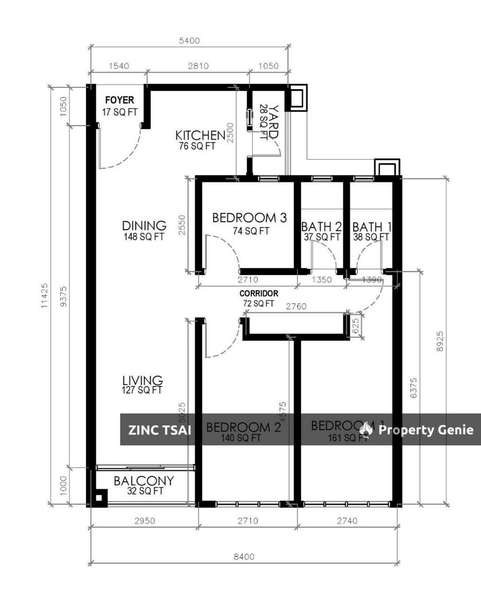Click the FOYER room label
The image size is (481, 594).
point(119,100)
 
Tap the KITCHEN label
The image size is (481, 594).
point(200,135)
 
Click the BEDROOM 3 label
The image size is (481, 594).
point(249,218)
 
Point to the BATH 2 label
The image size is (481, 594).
point(321,227)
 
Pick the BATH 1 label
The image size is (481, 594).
point(372,227)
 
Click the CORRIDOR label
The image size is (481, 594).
point(258,293)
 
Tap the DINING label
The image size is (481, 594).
point(144,226)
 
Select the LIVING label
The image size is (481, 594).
point(142,380)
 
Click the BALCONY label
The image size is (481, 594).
point(144,481)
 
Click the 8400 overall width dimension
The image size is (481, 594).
point(244,556)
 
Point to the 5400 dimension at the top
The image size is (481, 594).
point(189,40)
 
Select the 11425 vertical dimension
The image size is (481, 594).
point(45,295)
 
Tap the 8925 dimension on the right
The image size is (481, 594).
point(440,341)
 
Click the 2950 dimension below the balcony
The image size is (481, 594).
point(144,521)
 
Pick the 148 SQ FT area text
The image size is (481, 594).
point(144,237)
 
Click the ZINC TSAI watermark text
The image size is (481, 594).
point(160,430)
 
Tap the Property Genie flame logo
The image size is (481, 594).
point(366,429)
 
